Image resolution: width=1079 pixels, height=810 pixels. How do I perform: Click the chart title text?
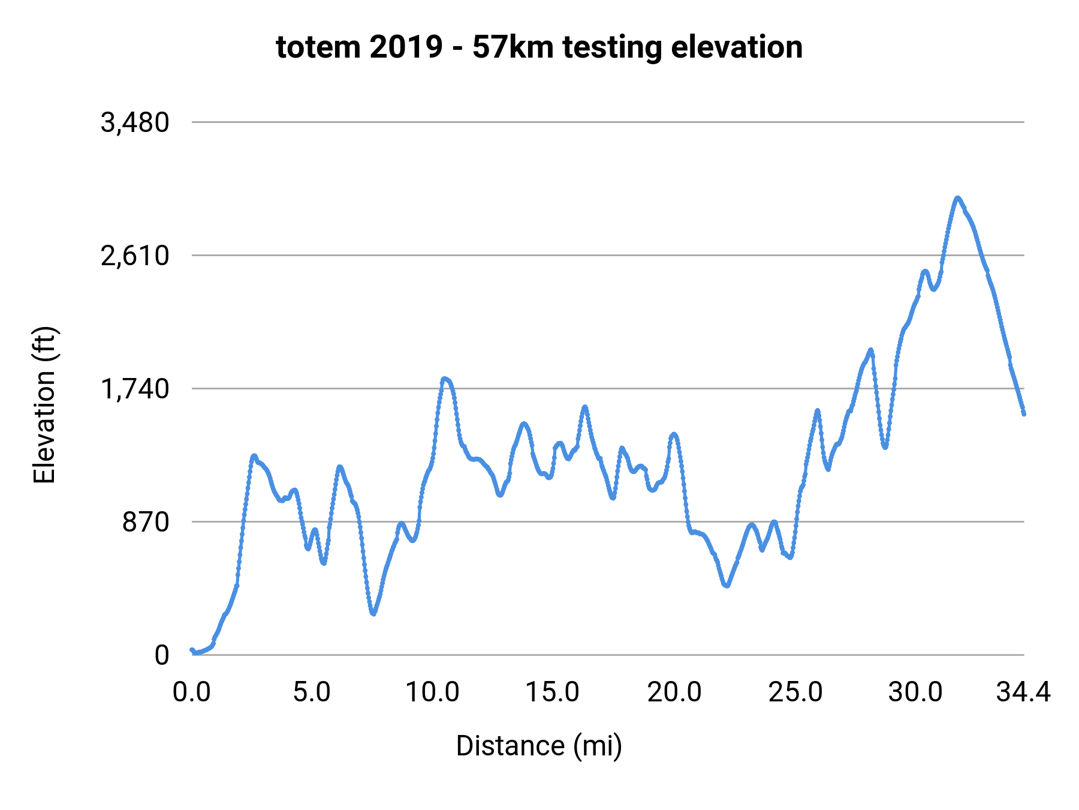coord(539,47)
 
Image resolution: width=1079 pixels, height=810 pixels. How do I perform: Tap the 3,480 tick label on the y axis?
coord(135,123)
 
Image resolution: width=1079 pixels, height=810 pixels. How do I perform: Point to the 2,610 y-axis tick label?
coord(135,256)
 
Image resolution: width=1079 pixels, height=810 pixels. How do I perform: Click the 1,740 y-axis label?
coord(135,389)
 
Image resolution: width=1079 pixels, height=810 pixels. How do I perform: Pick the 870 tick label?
coord(146,523)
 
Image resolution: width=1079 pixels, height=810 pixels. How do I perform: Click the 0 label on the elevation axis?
coord(162,655)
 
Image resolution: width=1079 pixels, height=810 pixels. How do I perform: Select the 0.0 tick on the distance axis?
coord(192,692)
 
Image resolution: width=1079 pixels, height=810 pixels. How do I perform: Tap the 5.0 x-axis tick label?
coord(312,692)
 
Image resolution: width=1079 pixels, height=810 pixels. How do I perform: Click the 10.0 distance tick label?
coord(432,692)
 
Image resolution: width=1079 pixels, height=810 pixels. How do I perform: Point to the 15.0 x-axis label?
coord(553,692)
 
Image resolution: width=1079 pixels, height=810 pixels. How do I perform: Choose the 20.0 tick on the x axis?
coord(674,692)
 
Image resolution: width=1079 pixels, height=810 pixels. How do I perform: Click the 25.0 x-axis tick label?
coord(795,692)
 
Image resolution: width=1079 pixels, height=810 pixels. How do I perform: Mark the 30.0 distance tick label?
coord(915,692)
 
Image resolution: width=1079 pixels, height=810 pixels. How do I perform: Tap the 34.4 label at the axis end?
coord(1023,692)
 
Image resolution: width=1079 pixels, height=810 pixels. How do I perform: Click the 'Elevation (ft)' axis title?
coord(44,405)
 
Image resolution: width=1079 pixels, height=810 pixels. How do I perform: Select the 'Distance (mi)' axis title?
coord(539,746)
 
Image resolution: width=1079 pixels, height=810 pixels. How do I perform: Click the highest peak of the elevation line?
coord(957,197)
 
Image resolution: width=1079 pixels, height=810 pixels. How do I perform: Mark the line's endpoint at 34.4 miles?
coord(1024,413)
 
